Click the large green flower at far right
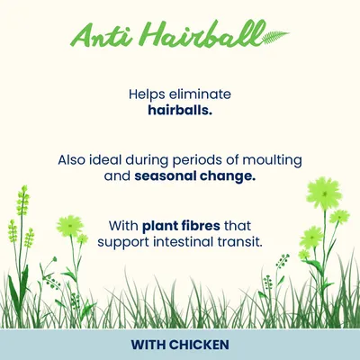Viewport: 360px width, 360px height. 321,194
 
